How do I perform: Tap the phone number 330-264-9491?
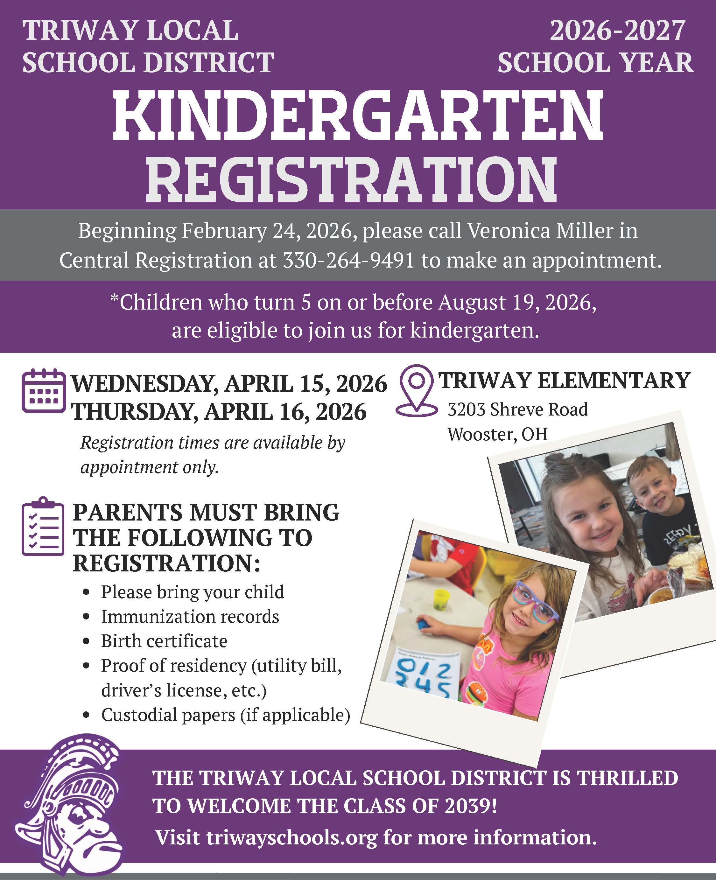pyautogui.click(x=348, y=261)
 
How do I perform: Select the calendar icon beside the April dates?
pyautogui.click(x=43, y=391)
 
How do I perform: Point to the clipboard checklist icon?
pyautogui.click(x=43, y=527)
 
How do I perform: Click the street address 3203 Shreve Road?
pyautogui.click(x=517, y=410)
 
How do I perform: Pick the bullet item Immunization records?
pyautogui.click(x=190, y=617)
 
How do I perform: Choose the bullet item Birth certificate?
pyautogui.click(x=164, y=641)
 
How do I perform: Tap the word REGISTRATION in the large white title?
pyautogui.click(x=351, y=179)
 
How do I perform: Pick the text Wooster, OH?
pyautogui.click(x=497, y=435)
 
